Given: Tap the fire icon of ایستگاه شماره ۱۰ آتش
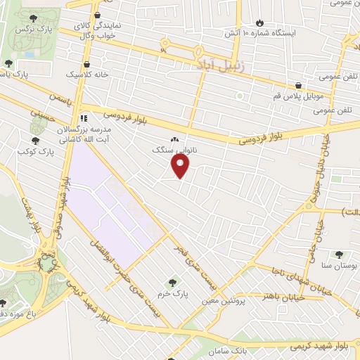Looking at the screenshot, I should pyautogui.click(x=259, y=22).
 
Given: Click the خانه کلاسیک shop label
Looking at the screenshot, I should pyautogui.click(x=83, y=73).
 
